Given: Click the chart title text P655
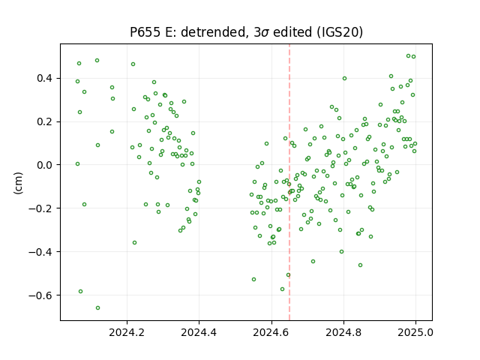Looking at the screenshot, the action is pyautogui.click(x=145, y=32).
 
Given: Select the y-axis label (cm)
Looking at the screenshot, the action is pyautogui.click(x=18, y=183).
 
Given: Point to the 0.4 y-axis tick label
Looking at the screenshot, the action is pyautogui.click(x=45, y=78).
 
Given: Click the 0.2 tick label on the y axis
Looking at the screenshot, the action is pyautogui.click(x=45, y=121).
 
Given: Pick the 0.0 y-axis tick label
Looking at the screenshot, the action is pyautogui.click(x=45, y=165).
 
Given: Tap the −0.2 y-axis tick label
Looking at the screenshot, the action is pyautogui.click(x=40, y=208).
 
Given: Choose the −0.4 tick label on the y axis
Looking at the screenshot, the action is pyautogui.click(x=40, y=252).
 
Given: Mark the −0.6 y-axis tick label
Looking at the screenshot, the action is pyautogui.click(x=40, y=295).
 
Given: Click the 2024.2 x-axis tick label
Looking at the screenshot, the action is pyautogui.click(x=127, y=332).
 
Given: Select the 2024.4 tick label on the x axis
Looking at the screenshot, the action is pyautogui.click(x=199, y=332).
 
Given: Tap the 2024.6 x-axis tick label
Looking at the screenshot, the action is pyautogui.click(x=271, y=332).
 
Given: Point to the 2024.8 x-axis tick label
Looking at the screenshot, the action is pyautogui.click(x=343, y=332).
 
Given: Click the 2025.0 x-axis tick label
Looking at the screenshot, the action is pyautogui.click(x=415, y=332).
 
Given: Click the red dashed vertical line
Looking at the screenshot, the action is pyautogui.click(x=289, y=182).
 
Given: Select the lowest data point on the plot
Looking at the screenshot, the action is pyautogui.click(x=97, y=307).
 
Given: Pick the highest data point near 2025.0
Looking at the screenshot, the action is pyautogui.click(x=408, y=56).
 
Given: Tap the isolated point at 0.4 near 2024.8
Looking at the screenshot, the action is pyautogui.click(x=344, y=78).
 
